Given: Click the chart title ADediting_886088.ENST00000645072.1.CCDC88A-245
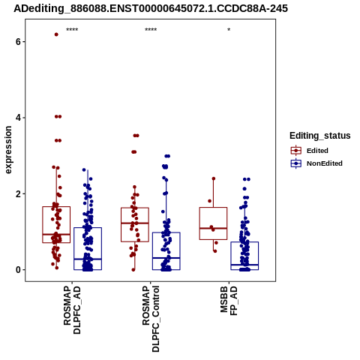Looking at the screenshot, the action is pos(151,8).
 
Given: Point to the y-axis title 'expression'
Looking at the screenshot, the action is pos(8,150).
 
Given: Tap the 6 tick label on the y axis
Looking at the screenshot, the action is pos(18,41).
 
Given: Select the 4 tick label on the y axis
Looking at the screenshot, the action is pos(18,118).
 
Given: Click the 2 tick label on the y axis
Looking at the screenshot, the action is pos(18,193).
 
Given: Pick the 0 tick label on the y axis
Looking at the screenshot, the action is pos(18,270).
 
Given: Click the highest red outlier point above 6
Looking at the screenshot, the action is pos(56,34).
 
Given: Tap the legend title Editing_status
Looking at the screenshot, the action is pos(320,136).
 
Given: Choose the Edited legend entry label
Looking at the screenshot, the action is pos(317,151).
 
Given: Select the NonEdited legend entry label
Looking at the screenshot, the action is pos(325,163).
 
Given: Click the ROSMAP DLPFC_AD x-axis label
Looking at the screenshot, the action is pos(72,310).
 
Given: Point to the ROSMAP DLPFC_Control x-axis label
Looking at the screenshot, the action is pos(151,319).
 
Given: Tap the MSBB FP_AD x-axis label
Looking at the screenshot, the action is pos(229,301).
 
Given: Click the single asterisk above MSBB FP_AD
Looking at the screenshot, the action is pos(229,30).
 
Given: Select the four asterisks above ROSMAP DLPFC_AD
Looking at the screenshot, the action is pos(72,30).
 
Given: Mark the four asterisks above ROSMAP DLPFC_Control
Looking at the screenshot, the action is pos(151,30).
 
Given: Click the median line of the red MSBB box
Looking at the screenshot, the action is pos(213,228).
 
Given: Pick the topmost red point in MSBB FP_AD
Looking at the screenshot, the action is pos(214,178).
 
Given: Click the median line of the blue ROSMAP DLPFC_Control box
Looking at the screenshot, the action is pos(166,258).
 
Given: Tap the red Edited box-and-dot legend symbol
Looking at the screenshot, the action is pos(296,151).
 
